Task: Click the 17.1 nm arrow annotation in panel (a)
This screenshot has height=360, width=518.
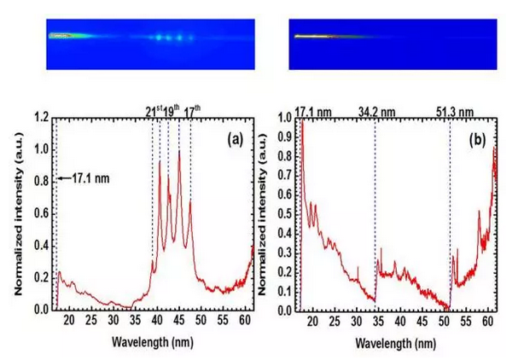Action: point(82,178)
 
